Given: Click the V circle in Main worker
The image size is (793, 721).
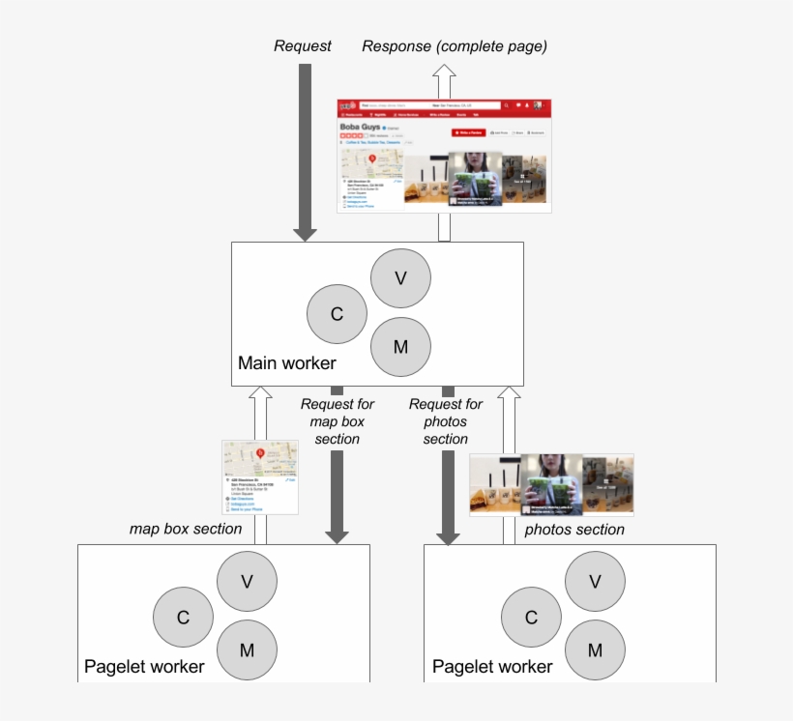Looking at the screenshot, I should (x=400, y=277).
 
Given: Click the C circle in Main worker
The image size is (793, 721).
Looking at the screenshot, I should (x=337, y=314).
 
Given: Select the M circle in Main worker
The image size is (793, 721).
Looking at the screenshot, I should (x=400, y=347).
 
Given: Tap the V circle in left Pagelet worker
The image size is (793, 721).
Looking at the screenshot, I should (x=247, y=581).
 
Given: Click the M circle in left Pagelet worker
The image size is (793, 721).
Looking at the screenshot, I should (x=247, y=650).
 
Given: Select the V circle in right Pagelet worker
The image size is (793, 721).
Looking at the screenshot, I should (x=595, y=581).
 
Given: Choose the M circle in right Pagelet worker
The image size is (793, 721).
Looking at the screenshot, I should (x=595, y=650).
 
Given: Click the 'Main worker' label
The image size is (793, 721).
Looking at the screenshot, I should (x=287, y=363).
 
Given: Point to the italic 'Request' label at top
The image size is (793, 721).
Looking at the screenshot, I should (x=303, y=45).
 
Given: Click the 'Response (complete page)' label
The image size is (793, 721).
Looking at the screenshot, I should (x=455, y=45).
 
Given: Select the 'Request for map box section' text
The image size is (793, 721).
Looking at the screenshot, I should (x=337, y=421).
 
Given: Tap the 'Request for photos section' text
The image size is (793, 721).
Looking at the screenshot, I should (x=446, y=421).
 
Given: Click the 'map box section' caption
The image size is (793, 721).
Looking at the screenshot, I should (x=186, y=529).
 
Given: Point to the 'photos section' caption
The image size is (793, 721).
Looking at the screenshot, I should (x=574, y=530).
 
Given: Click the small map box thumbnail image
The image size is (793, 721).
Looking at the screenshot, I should (x=260, y=477).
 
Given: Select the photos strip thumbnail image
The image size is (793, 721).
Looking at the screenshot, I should (x=551, y=484).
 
